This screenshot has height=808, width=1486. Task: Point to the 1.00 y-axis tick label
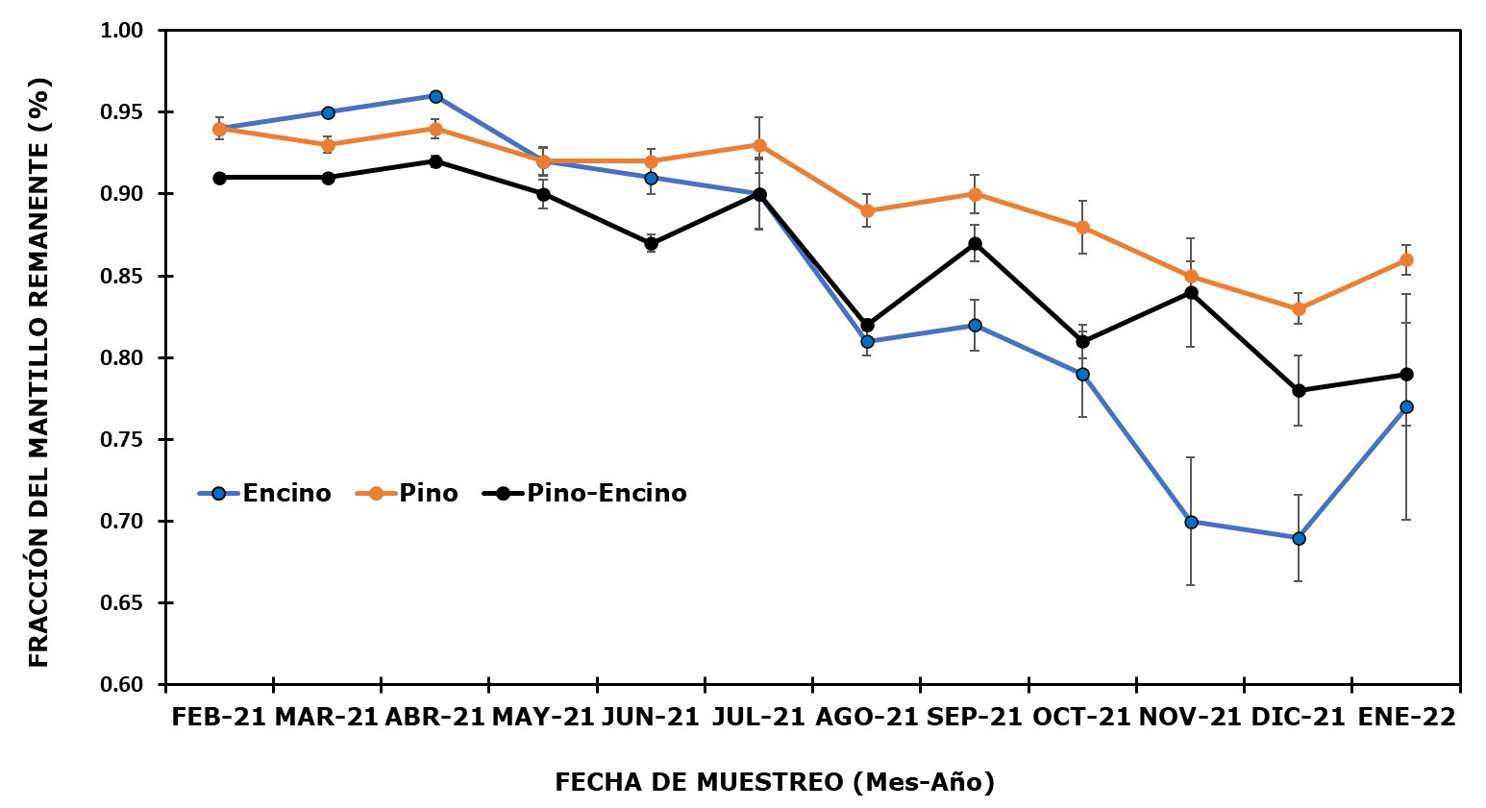click(x=121, y=31)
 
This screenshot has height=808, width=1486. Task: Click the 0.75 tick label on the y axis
click(x=121, y=440)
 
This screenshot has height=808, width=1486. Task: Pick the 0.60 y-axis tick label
click(x=121, y=685)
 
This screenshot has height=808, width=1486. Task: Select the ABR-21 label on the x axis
click(x=434, y=718)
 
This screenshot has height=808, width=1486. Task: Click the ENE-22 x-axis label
click(x=1406, y=718)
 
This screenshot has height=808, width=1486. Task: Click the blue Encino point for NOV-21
click(x=1191, y=522)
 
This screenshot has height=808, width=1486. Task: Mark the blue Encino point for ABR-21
click(x=435, y=96)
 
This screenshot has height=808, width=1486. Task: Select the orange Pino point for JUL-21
click(x=759, y=145)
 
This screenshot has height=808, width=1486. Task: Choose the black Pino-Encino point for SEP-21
click(x=975, y=243)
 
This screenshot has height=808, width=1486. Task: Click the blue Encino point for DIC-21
click(x=1299, y=538)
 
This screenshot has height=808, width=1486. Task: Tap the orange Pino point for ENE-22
click(x=1406, y=259)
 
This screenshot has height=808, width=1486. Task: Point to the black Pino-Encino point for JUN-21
click(x=651, y=243)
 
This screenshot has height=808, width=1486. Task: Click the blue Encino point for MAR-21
click(x=328, y=112)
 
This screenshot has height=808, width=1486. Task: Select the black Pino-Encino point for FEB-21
click(x=219, y=178)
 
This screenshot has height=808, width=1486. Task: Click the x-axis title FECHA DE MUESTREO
click(x=774, y=783)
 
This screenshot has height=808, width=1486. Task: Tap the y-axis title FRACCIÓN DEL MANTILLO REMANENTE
click(x=38, y=371)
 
